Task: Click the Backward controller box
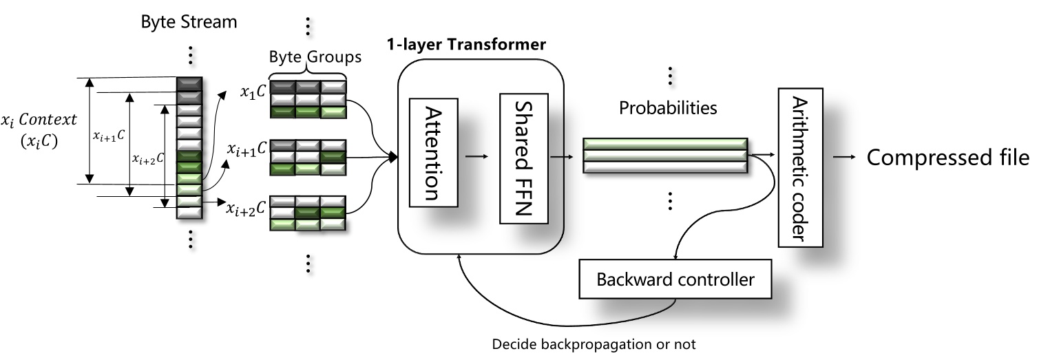(x=675, y=280)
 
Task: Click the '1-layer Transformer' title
(x=466, y=45)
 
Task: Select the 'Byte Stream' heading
(x=189, y=21)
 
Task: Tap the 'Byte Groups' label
(x=315, y=57)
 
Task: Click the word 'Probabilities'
(x=668, y=108)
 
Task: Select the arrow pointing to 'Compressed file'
(x=844, y=157)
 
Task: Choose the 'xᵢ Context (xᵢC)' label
(x=39, y=130)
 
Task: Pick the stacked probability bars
(x=664, y=156)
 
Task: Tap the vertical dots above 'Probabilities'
(x=669, y=76)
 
